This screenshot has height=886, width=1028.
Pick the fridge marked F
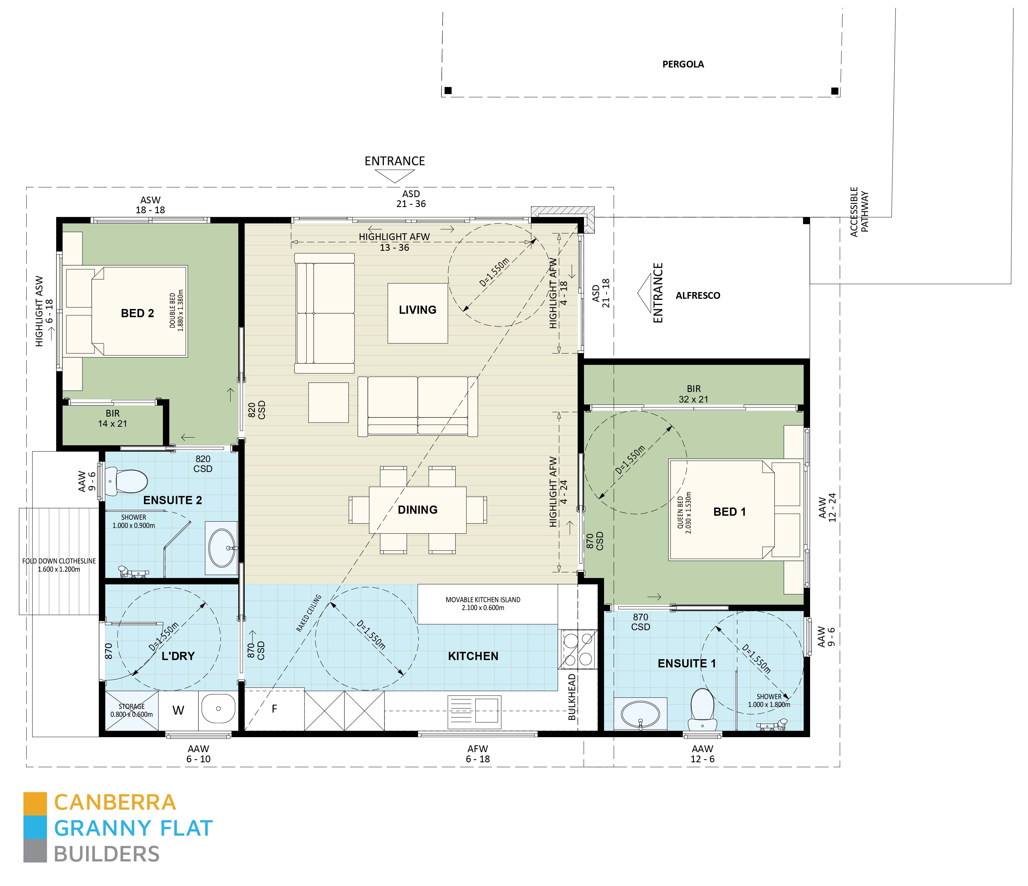point(274,709)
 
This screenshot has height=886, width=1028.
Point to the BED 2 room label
point(137,313)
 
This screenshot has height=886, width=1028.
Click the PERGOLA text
point(683,64)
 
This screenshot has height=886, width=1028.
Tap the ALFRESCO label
point(697,295)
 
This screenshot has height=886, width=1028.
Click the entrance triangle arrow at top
point(394,175)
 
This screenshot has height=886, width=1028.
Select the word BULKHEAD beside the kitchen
point(572,696)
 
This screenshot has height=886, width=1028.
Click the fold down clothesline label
point(59,565)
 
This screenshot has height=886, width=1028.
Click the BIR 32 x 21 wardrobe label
point(694,394)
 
